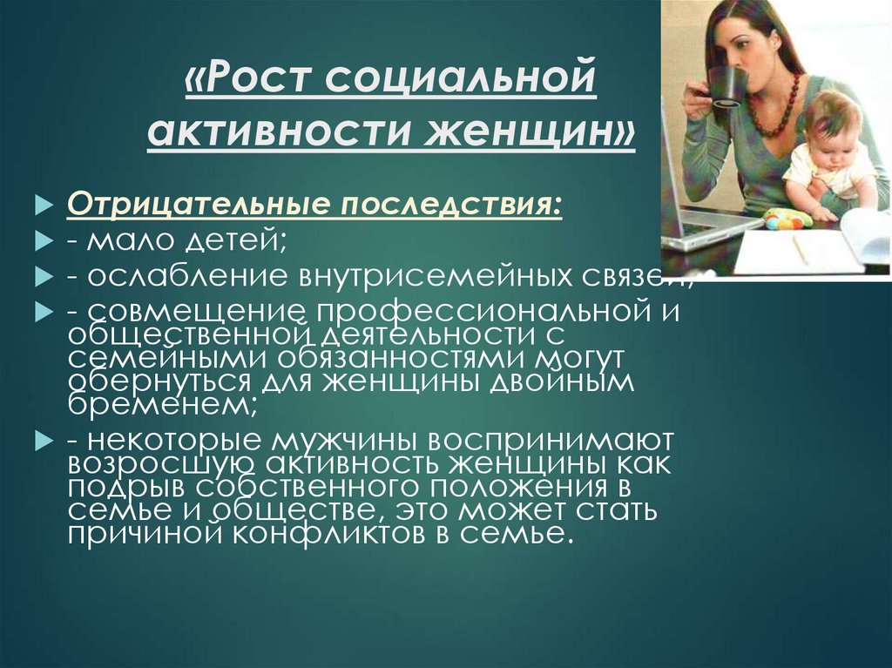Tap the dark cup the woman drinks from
(x=726, y=86)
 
